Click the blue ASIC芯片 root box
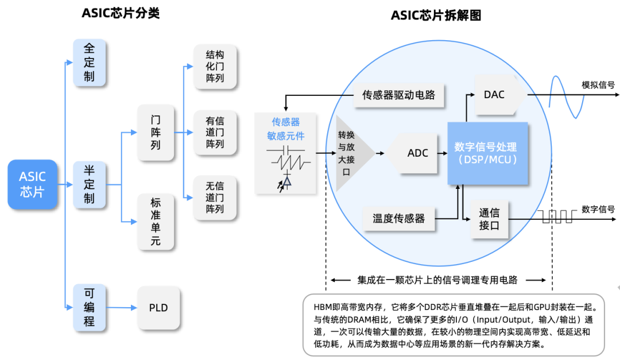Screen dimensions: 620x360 tap(32, 184)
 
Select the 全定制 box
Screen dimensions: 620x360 tap(90, 63)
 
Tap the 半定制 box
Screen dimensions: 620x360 tap(90, 184)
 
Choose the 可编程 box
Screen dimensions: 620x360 tap(90, 307)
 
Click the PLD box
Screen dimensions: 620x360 tap(158, 308)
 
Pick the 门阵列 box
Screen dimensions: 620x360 tap(156, 133)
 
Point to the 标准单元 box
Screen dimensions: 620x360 tap(156, 222)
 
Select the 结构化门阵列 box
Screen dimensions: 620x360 tap(215, 67)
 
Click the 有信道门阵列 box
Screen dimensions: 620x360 tap(215, 133)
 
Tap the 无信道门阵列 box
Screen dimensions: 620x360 tap(215, 198)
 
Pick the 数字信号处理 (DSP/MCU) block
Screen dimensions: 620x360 tap(487, 153)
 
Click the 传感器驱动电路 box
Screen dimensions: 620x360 tap(398, 95)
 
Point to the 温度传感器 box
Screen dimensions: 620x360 tap(398, 219)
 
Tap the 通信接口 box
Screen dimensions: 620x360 tap(489, 219)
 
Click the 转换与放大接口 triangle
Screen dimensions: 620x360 tap(351, 153)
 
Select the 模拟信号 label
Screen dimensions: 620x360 tap(598, 84)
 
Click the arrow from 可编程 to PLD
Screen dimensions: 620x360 tap(121, 307)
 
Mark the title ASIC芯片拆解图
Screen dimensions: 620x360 tap(436, 16)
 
